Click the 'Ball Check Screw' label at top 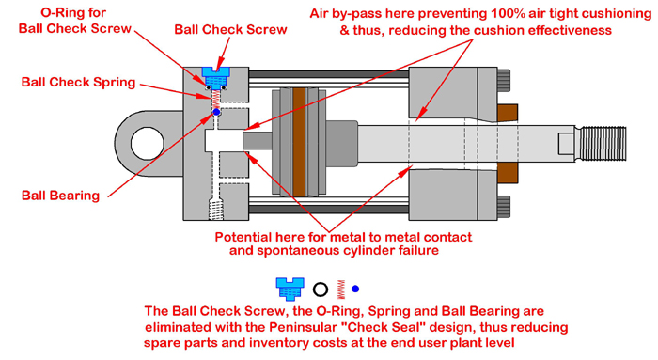coord(230,30)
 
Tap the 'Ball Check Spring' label coord(78,82)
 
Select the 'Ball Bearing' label coord(60,196)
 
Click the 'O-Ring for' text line coord(73,12)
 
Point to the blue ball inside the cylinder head coord(216,112)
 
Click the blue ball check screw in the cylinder coord(215,77)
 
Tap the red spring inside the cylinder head coord(215,99)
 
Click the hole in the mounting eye coord(147,143)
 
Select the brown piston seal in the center coord(299,142)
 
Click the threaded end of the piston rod coord(601,144)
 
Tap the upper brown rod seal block coord(508,113)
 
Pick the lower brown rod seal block coord(508,173)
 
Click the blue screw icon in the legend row coord(290,289)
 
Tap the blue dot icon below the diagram coord(355,289)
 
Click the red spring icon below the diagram coord(341,290)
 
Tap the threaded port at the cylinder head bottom coord(215,210)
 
